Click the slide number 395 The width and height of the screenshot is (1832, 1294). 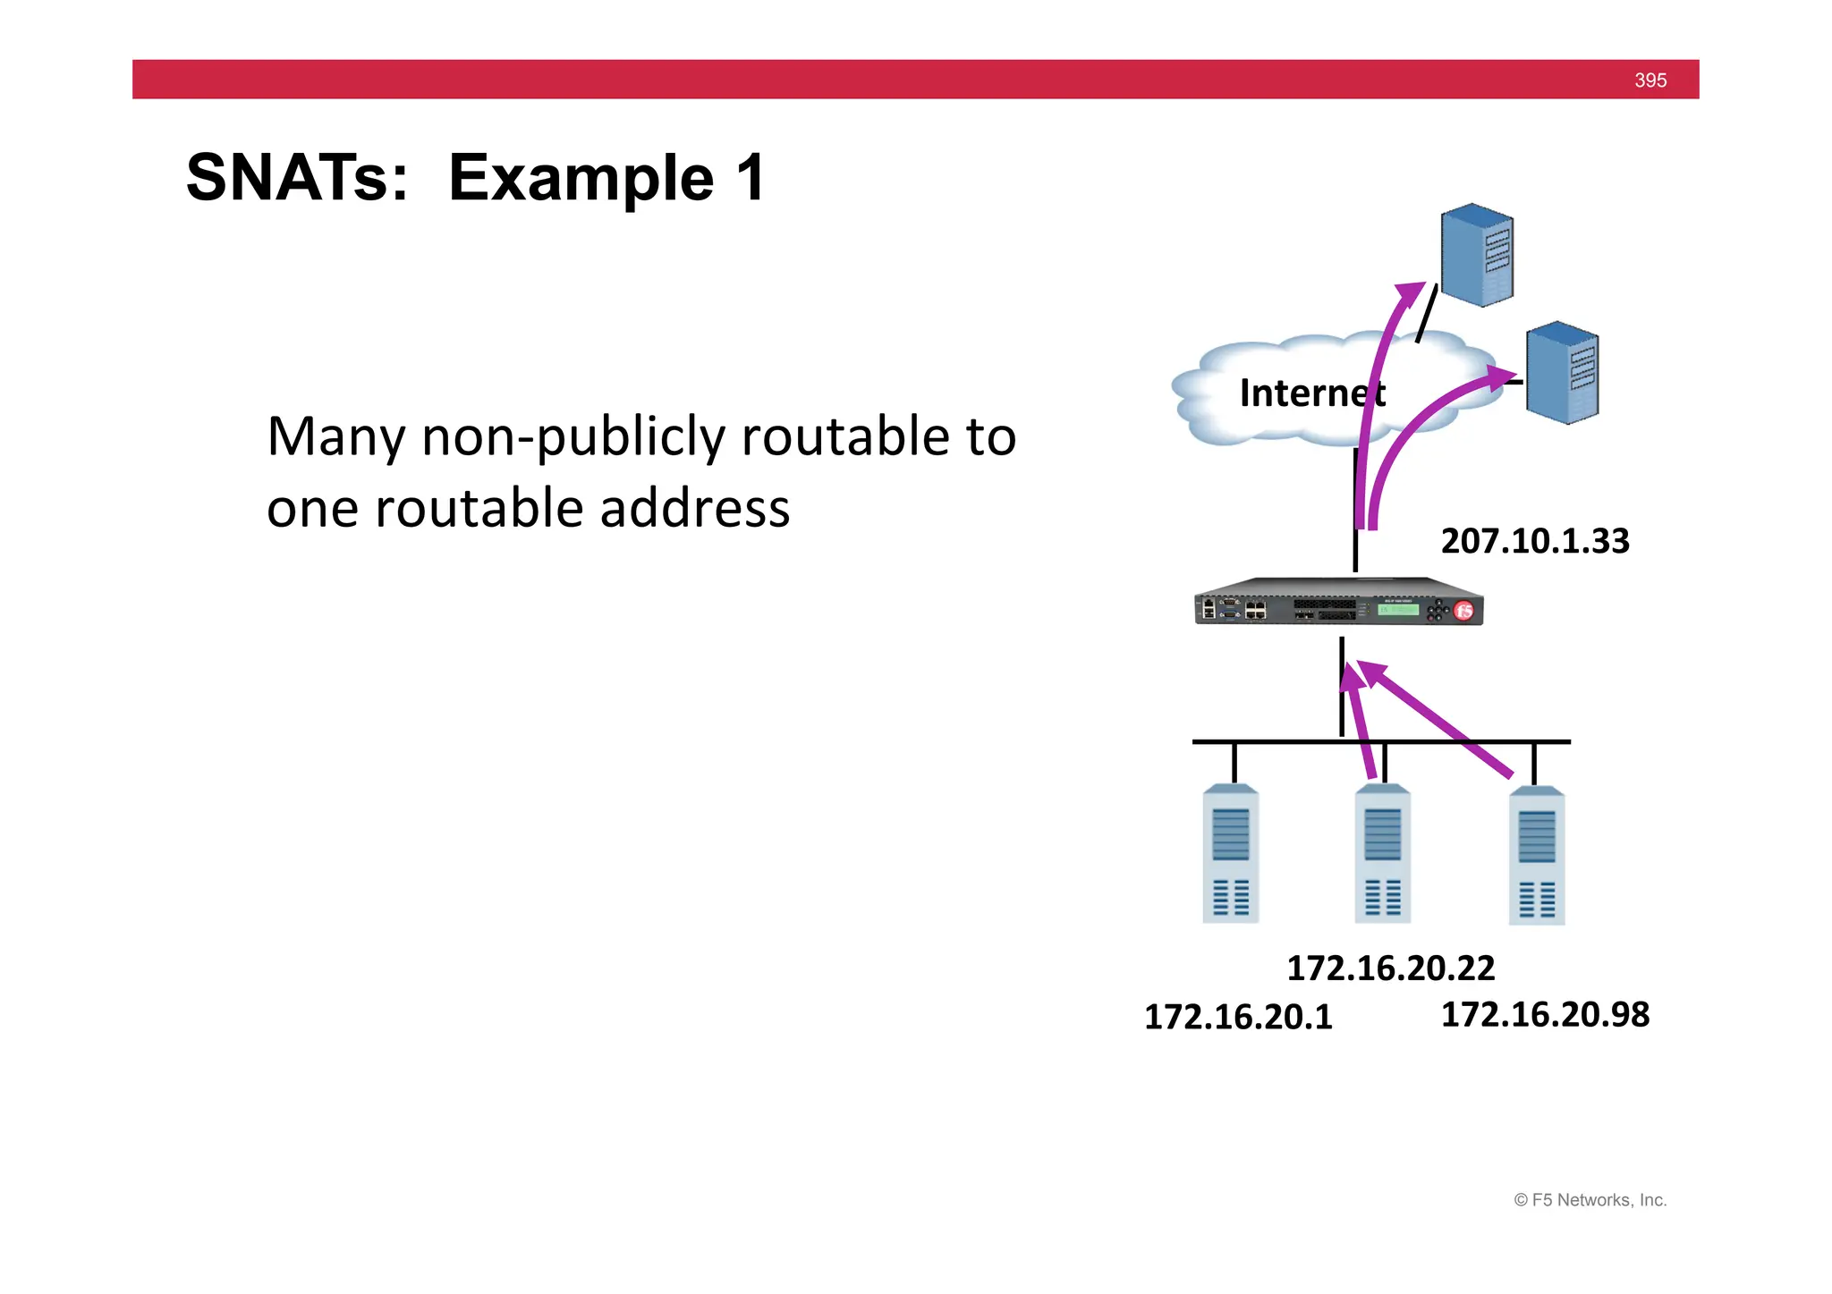[1650, 80]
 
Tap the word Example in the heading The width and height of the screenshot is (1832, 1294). [581, 178]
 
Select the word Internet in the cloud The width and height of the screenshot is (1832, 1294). [1311, 393]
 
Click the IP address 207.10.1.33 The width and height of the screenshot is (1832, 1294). [1535, 541]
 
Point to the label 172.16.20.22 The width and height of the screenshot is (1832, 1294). [1390, 968]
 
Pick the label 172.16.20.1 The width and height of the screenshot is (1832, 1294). [1238, 1018]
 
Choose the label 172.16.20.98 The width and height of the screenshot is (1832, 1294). [1545, 1015]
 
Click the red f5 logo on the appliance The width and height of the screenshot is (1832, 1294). [1463, 611]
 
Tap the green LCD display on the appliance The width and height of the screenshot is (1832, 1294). [1397, 610]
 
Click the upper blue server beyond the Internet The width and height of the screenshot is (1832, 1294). [1477, 255]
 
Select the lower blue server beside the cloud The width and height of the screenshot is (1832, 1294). [1562, 372]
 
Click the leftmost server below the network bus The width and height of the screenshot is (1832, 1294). [1231, 854]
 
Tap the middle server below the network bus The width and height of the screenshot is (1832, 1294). [1383, 854]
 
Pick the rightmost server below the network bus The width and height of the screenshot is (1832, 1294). [1537, 856]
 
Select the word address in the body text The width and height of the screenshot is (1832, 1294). [694, 509]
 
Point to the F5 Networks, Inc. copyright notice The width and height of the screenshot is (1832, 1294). [1590, 1200]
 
